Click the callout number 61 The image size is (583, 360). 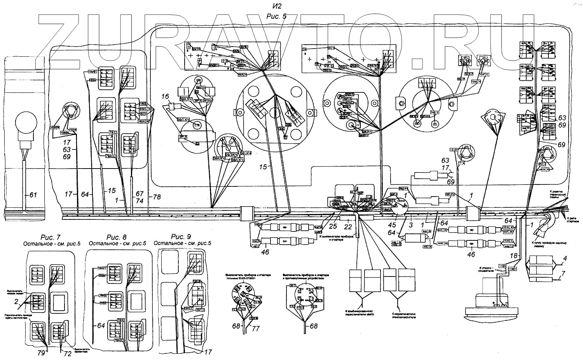33,195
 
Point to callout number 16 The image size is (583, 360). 166,96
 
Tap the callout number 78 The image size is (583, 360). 157,197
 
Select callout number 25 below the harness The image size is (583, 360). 333,226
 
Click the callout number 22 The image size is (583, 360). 348,227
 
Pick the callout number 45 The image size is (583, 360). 392,224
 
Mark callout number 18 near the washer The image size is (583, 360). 514,256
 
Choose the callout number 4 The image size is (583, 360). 565,258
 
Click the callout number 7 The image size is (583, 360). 563,274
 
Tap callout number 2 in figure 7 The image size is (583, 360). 16,301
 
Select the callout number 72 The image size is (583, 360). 68,353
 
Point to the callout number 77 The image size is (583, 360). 256,329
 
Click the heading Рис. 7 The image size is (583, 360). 51,237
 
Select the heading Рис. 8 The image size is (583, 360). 116,237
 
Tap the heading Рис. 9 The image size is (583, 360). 181,237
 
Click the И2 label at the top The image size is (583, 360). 276,6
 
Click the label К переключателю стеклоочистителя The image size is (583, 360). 403,315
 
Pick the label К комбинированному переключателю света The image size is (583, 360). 359,313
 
